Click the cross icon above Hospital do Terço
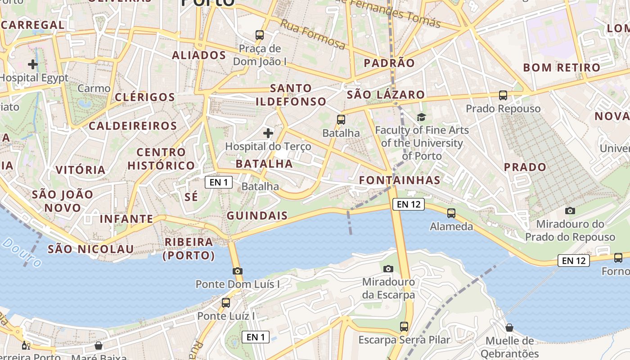pos(268,133)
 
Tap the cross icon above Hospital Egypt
pos(33,64)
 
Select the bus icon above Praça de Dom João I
pos(259,35)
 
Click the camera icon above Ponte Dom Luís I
pos(238,271)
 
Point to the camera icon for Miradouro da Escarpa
pos(388,269)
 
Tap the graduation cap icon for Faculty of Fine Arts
pos(421,117)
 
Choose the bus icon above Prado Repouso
pos(503,95)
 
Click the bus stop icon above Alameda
pos(451,213)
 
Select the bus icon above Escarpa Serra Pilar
pos(404,327)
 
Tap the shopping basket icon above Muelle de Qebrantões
pos(509,328)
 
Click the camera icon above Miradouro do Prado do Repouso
pos(570,211)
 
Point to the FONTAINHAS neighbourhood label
pos(400,180)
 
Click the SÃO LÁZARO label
pos(386,94)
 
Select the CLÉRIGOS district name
pos(145,97)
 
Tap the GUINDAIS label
pos(257,216)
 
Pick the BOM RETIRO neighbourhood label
pos(562,68)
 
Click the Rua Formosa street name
pos(313,34)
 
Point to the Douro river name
pos(22,253)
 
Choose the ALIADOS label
pos(199,55)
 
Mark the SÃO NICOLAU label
pos(91,249)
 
